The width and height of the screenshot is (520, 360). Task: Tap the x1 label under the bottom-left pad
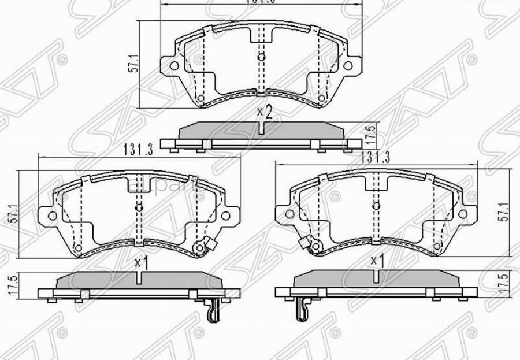142,263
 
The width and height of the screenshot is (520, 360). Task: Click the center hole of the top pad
261,57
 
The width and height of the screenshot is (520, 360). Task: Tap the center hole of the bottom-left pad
139,207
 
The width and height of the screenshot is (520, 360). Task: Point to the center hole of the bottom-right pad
376,206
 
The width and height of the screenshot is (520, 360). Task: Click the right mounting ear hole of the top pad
348,65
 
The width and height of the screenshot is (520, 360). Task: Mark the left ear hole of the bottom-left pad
52,216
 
